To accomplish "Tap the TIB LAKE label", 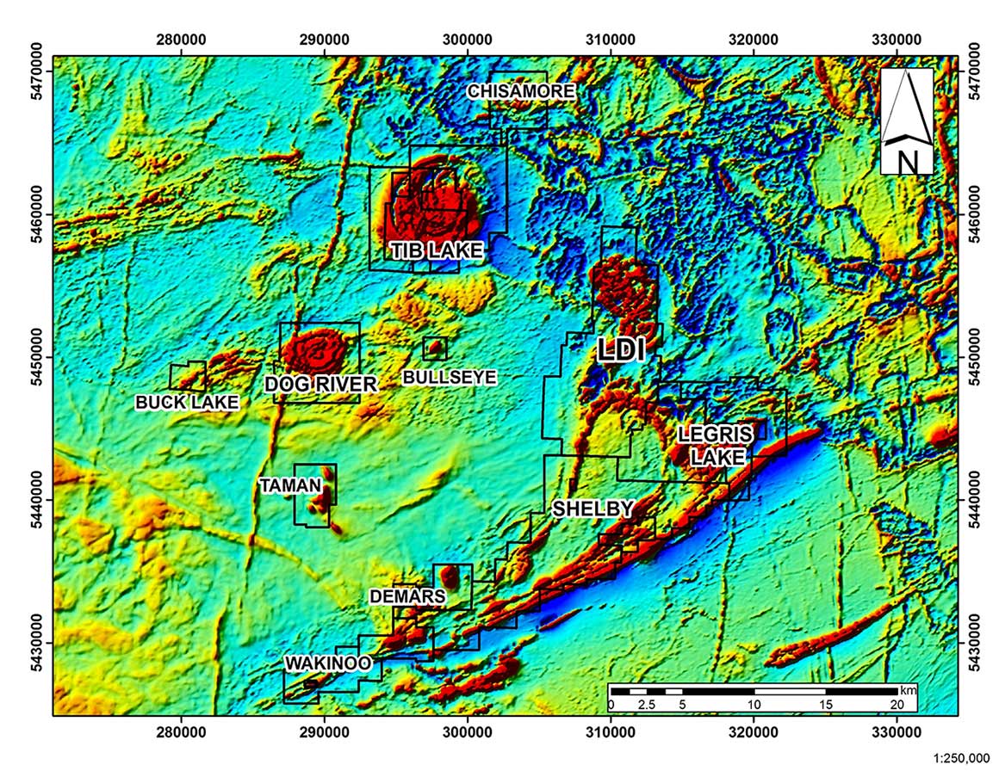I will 436,250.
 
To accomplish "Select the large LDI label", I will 622,348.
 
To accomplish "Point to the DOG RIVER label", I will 321,384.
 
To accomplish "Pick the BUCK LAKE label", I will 187,402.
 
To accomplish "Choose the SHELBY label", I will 593,509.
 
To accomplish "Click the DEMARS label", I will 407,596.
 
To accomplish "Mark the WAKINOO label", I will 328,663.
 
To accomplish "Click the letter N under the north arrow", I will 907,161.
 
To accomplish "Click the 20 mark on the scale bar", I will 896,704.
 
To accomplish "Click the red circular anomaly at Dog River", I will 318,351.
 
